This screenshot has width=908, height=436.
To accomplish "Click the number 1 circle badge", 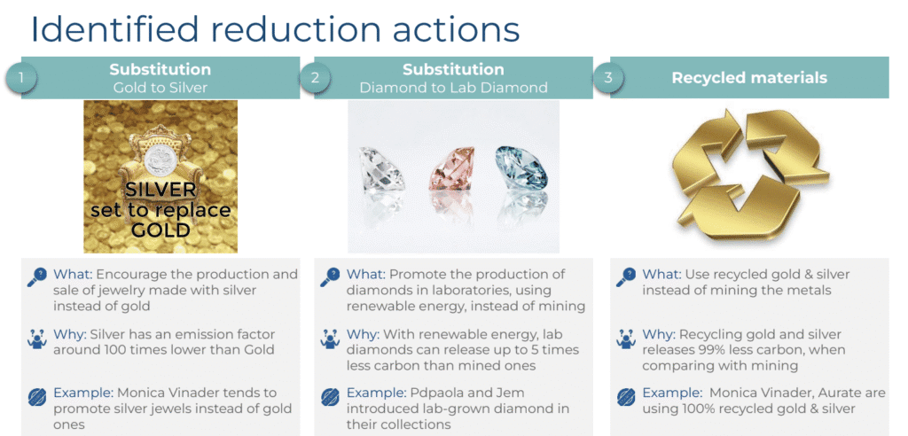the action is (x=20, y=78).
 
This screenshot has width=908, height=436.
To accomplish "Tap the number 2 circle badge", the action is (x=315, y=78).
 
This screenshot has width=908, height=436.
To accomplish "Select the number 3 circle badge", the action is (x=607, y=78).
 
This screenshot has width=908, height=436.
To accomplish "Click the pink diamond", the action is (x=451, y=168).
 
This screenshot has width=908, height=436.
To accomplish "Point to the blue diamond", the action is (x=521, y=167).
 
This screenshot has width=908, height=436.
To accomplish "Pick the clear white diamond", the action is (x=380, y=169).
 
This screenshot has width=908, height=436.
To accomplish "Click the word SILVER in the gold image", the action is (x=160, y=190).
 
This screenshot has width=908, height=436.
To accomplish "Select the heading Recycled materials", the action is (x=749, y=78).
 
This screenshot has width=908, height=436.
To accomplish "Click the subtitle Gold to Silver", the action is (x=160, y=88).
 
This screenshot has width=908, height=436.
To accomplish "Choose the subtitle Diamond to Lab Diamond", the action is (x=453, y=88).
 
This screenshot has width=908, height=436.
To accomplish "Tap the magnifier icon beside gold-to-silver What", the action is (x=37, y=277).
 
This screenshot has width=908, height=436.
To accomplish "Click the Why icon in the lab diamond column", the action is (x=330, y=339).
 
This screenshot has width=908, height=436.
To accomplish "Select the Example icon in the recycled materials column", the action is (x=625, y=397).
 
